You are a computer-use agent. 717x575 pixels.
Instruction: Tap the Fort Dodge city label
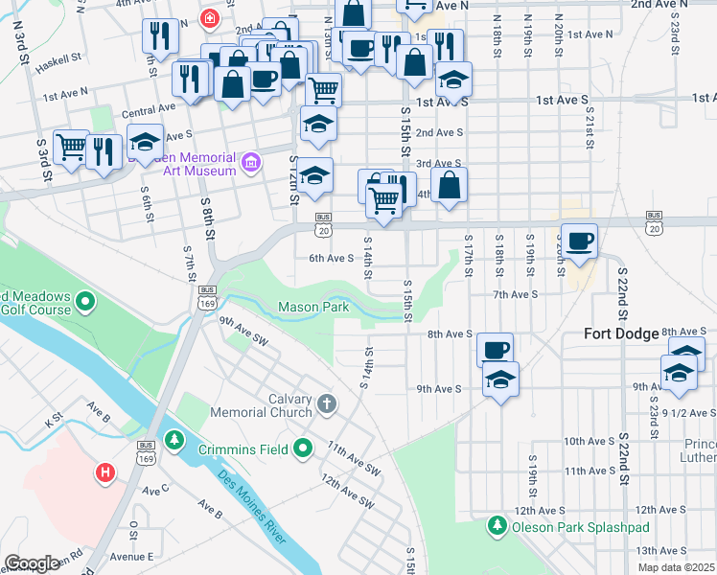(x=622, y=333)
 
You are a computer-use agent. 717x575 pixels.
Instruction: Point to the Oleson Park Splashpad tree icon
(x=497, y=526)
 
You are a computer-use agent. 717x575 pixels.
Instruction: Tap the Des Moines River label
(x=251, y=508)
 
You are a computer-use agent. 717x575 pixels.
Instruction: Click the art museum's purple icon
(x=251, y=163)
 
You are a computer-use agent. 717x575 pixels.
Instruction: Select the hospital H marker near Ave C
(x=104, y=472)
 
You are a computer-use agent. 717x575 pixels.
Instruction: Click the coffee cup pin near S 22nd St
(x=579, y=241)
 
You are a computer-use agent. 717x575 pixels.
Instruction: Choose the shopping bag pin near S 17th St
(x=449, y=185)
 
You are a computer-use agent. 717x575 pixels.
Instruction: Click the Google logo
(x=32, y=563)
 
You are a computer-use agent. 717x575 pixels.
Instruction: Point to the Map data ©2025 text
(x=675, y=567)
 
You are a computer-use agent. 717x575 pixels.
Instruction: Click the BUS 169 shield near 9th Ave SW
(x=206, y=296)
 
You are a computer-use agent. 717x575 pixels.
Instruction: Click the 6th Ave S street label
(x=331, y=258)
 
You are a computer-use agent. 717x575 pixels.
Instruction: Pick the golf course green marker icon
(x=85, y=304)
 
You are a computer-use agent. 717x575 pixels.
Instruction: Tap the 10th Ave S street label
(x=588, y=441)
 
